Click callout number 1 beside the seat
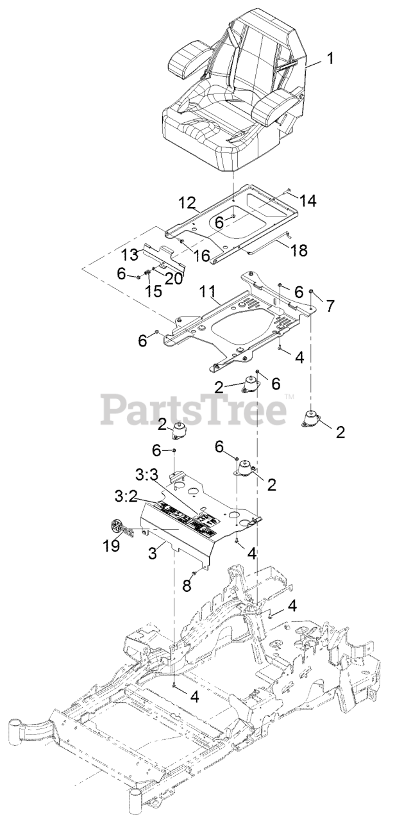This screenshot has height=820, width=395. click(330, 60)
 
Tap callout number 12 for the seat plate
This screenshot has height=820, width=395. click(187, 204)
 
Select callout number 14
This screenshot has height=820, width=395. click(308, 201)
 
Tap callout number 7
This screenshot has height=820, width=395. click(330, 306)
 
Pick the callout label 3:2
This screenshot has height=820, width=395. click(125, 497)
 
